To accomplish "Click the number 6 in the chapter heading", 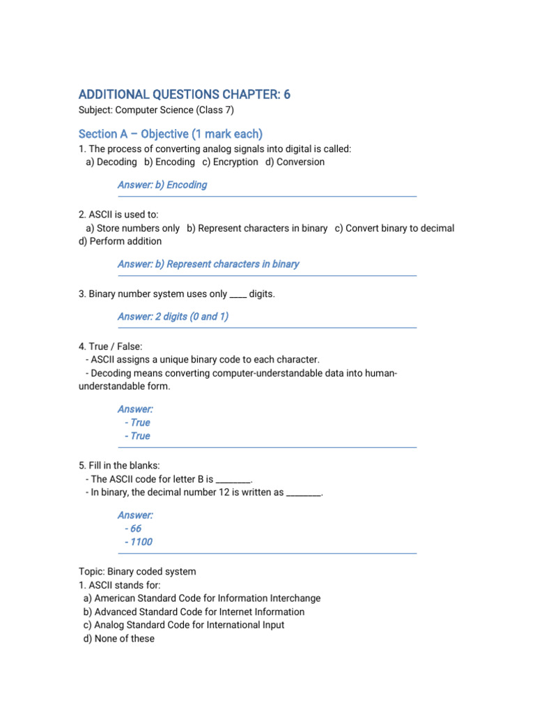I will click(286, 94).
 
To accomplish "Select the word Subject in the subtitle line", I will click(95, 109).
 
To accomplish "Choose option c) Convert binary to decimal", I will click(394, 228).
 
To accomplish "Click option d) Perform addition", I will click(121, 241).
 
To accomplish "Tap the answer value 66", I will click(135, 529).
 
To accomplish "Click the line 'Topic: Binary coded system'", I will click(137, 572).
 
